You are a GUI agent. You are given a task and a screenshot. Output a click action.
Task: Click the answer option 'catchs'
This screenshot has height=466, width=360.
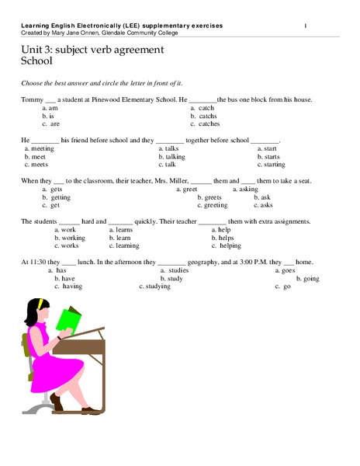click(208, 116)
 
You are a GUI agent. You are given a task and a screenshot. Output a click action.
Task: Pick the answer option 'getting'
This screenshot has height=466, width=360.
click(60, 197)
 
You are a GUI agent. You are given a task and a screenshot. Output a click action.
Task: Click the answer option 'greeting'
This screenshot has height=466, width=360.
click(215, 206)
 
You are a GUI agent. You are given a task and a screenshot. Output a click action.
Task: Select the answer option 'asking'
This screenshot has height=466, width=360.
click(248, 190)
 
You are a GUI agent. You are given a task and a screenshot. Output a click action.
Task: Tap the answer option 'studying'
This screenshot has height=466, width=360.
click(158, 287)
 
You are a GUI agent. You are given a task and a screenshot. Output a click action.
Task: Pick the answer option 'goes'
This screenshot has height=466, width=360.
click(287, 270)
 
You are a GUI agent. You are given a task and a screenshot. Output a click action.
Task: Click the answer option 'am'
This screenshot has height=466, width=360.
click(54, 108)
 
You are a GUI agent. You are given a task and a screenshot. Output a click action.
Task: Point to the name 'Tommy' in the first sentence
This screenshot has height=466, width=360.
click(32, 99)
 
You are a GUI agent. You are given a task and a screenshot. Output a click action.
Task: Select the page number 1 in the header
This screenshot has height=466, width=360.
click(305, 26)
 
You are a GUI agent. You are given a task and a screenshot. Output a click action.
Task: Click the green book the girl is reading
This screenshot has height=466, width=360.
click(68, 319)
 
